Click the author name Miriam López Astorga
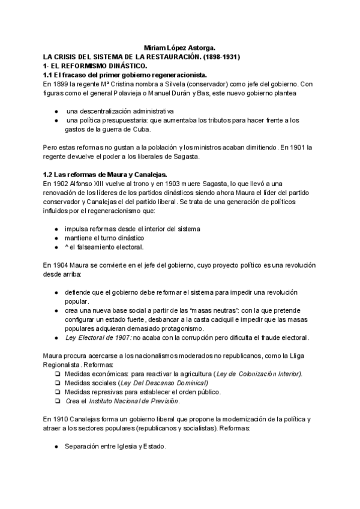(180, 47)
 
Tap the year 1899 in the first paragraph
(60, 83)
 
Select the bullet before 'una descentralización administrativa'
(56, 111)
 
